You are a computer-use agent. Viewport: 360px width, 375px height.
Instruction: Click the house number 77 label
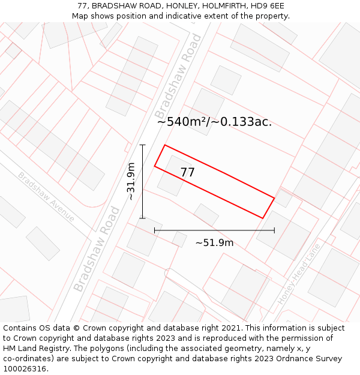point(188,173)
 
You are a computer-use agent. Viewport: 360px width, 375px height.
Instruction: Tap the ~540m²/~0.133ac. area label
point(214,122)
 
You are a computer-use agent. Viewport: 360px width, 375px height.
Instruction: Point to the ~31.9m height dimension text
point(131,181)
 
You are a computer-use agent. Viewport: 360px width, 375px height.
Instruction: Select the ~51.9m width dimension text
point(214,243)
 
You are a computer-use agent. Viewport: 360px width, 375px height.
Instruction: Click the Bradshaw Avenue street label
point(46,196)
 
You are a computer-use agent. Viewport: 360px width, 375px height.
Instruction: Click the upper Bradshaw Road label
point(178,76)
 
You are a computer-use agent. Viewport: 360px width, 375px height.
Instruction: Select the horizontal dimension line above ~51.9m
point(214,230)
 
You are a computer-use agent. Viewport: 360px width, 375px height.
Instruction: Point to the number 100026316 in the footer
point(26,369)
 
